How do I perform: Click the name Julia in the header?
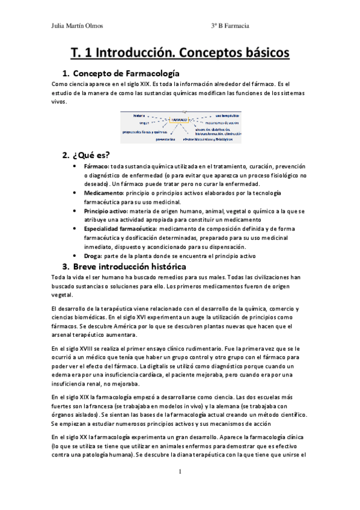pos(60,26)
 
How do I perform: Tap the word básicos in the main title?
pos(260,53)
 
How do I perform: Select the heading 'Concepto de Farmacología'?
pos(127,73)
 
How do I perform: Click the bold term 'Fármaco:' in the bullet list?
pos(97,165)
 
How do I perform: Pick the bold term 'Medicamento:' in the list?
pos(103,192)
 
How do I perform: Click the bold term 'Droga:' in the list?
pos(94,256)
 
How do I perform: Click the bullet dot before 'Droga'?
pos(74,256)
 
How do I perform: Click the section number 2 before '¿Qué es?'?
pos(66,155)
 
